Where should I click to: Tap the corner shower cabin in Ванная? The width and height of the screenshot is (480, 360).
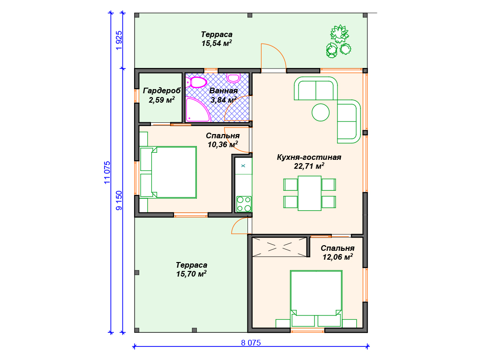(197, 110)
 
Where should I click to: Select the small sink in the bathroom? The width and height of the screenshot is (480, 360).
(233, 78)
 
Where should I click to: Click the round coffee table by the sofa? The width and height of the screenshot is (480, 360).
(321, 112)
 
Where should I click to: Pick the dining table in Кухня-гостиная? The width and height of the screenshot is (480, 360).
(309, 193)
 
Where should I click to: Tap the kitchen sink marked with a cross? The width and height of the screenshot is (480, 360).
(243, 166)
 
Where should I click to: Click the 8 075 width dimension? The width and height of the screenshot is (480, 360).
(251, 343)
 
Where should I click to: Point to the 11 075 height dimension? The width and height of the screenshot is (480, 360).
(107, 172)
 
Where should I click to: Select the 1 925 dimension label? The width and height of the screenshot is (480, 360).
(119, 41)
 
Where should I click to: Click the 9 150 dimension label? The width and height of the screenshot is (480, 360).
(119, 201)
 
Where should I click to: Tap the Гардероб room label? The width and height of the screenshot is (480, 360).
(162, 91)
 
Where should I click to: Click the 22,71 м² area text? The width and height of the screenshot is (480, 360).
(309, 166)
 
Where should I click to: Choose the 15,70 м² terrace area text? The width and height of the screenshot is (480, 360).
(191, 274)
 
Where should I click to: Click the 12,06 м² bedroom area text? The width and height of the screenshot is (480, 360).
(337, 257)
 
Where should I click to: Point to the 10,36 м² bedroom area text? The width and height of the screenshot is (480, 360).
(223, 144)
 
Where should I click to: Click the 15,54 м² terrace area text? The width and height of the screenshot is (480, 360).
(217, 43)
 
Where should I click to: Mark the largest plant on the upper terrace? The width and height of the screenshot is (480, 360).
(339, 33)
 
